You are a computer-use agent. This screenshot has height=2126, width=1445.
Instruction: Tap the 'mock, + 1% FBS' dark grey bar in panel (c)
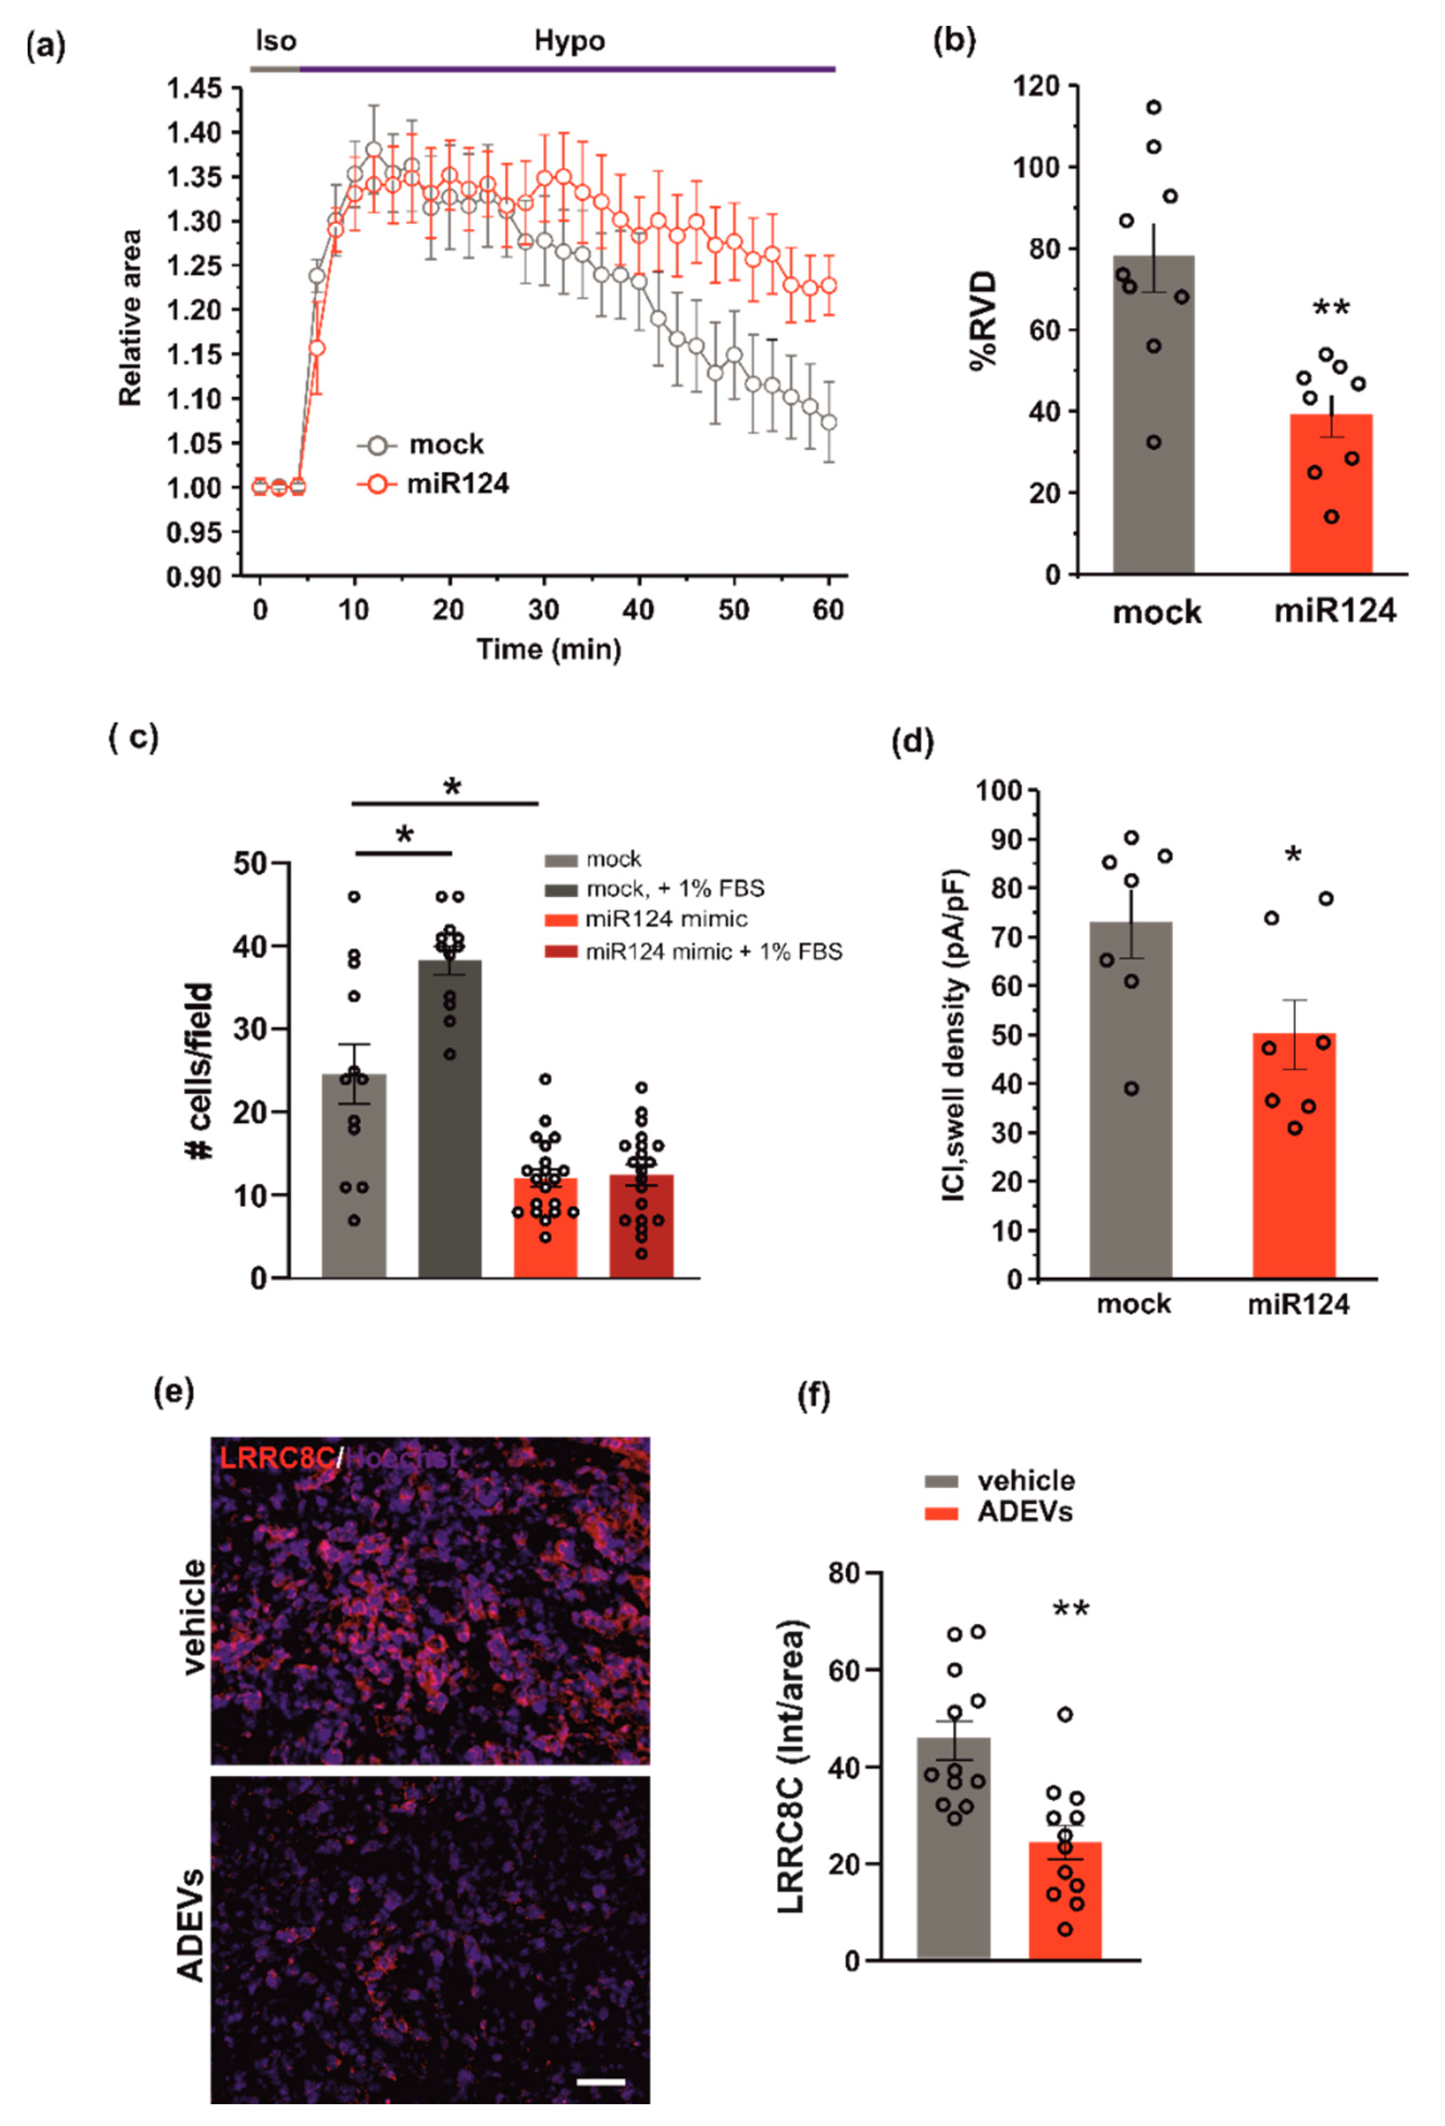point(450,1125)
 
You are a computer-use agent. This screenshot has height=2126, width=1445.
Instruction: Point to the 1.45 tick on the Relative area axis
point(194,89)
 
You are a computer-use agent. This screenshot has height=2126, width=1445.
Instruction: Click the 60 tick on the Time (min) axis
point(828,609)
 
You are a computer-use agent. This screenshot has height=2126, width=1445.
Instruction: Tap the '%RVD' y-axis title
point(984,320)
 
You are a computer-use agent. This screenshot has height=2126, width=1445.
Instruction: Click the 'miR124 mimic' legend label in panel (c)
point(666,920)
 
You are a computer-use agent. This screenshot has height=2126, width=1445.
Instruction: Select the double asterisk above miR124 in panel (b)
point(1331,309)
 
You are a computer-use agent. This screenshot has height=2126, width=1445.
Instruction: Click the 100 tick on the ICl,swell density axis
point(1003,790)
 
